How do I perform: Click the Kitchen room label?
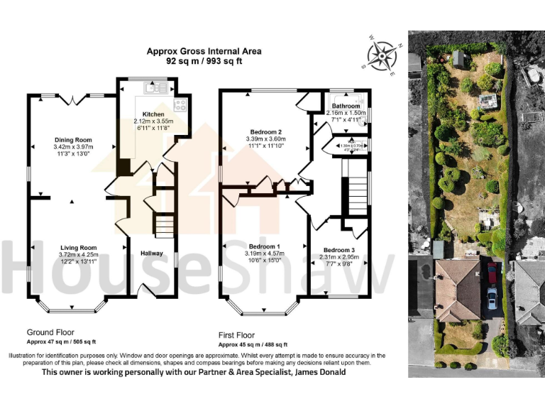153,114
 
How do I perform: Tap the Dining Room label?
74,140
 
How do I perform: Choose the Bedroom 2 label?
266,132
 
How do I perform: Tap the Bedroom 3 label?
338,250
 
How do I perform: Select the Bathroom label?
346,105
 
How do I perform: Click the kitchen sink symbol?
153,88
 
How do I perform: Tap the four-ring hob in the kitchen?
180,105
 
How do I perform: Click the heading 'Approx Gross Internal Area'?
204,51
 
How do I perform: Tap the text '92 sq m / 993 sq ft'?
204,61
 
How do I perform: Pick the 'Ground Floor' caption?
50,332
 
